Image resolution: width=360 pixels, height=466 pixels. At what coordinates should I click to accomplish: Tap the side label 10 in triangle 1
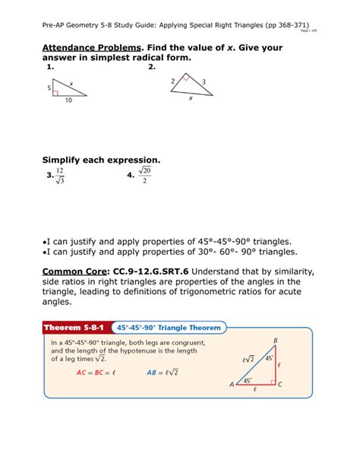pos(69,100)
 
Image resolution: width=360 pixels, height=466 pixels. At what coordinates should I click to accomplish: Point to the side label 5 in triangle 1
pos(49,88)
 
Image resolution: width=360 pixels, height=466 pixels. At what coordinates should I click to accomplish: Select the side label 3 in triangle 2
pos(204,81)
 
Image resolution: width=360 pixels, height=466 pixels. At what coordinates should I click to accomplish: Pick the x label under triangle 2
pos(190,98)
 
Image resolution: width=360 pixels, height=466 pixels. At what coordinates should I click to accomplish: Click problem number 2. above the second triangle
pos(152,67)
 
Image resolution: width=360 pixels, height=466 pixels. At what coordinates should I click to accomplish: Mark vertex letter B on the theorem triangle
pos(274,340)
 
